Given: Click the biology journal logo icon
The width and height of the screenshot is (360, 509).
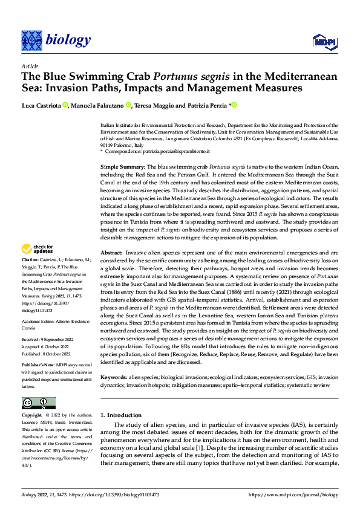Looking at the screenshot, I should pos(31,40).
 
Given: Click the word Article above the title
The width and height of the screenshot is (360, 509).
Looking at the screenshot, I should pos(30,65).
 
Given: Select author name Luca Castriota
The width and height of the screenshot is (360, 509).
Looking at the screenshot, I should pos(42,105).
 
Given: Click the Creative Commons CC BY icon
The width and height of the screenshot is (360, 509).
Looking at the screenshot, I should pos(38,403).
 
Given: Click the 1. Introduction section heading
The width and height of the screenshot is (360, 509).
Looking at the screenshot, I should pos(120,415).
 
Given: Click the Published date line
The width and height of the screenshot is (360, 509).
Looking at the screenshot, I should pos(46,355).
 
